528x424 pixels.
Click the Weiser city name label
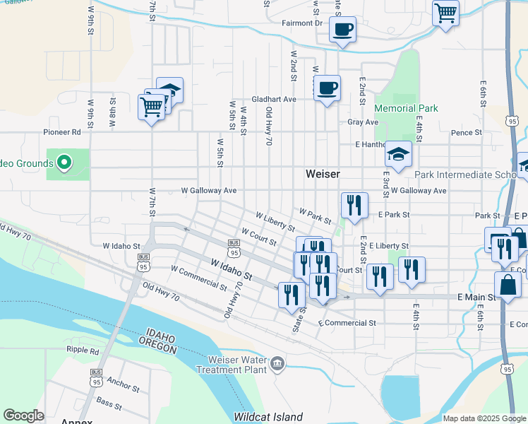323,174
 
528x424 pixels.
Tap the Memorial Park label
406,109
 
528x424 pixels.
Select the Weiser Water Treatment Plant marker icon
277,363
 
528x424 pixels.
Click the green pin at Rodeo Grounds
64,163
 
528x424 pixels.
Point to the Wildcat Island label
268,417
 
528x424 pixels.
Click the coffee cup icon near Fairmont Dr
342,29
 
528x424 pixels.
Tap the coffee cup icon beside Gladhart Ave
327,89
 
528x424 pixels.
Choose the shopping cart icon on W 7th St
151,107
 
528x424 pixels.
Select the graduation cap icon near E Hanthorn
398,154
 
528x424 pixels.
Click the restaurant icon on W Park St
354,206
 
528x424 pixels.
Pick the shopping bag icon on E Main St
507,285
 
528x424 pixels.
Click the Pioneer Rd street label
62,131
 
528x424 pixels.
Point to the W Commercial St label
199,278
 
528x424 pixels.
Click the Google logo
24,416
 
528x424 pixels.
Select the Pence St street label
466,132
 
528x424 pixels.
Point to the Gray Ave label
363,122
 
